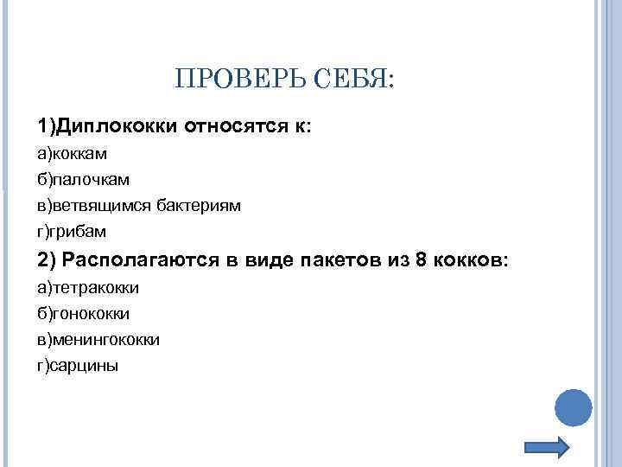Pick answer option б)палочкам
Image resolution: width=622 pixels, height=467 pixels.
[83, 180]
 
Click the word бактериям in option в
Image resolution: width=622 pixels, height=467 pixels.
[199, 206]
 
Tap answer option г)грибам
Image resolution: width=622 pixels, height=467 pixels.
[72, 232]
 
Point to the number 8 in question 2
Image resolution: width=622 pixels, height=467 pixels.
[422, 260]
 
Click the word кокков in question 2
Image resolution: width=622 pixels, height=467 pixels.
[471, 260]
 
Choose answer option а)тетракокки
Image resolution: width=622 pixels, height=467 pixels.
[88, 287]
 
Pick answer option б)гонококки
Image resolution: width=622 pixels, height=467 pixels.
[84, 313]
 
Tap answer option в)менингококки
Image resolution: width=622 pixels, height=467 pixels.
[98, 339]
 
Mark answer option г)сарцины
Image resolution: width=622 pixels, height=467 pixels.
[78, 366]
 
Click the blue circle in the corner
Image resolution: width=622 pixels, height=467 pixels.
[572, 406]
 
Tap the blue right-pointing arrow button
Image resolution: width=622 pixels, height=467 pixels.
[547, 447]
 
